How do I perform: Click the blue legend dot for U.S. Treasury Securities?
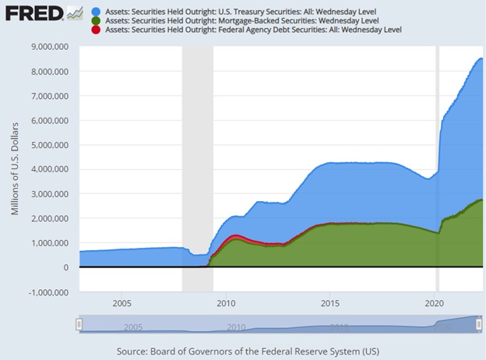[96, 10]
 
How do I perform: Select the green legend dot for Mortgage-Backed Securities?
[96, 20]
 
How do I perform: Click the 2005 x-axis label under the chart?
[121, 302]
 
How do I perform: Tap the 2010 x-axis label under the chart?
[226, 302]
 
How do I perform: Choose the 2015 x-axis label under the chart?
[329, 302]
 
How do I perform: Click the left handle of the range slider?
[79, 324]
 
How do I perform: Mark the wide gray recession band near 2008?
[197, 156]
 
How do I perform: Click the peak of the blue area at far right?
[481, 59]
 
